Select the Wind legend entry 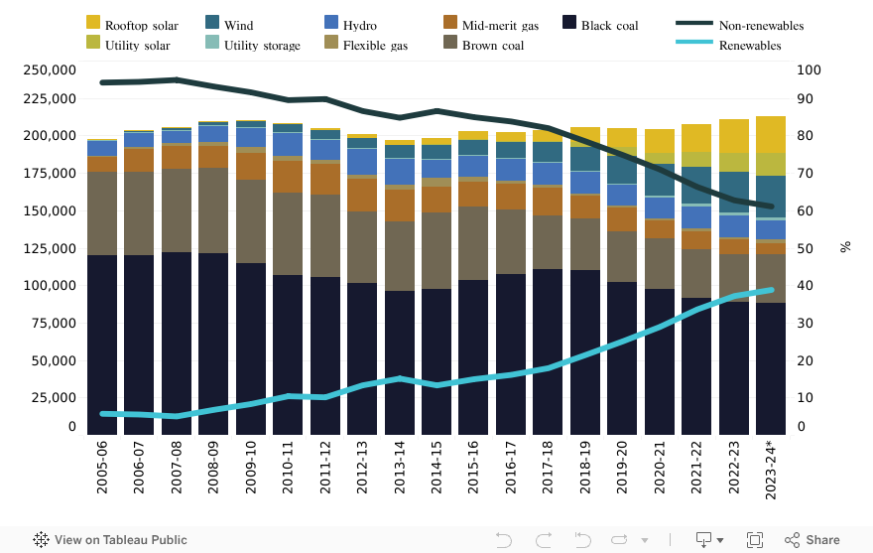point(239,25)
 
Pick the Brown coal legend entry point(493,45)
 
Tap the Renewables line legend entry point(750,45)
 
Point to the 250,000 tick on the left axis point(51,69)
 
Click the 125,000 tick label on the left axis point(51,248)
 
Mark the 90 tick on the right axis point(810,98)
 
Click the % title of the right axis point(845,246)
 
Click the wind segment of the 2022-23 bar point(734,186)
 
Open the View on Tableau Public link point(110,540)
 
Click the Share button point(812,540)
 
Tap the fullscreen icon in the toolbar point(755,540)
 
